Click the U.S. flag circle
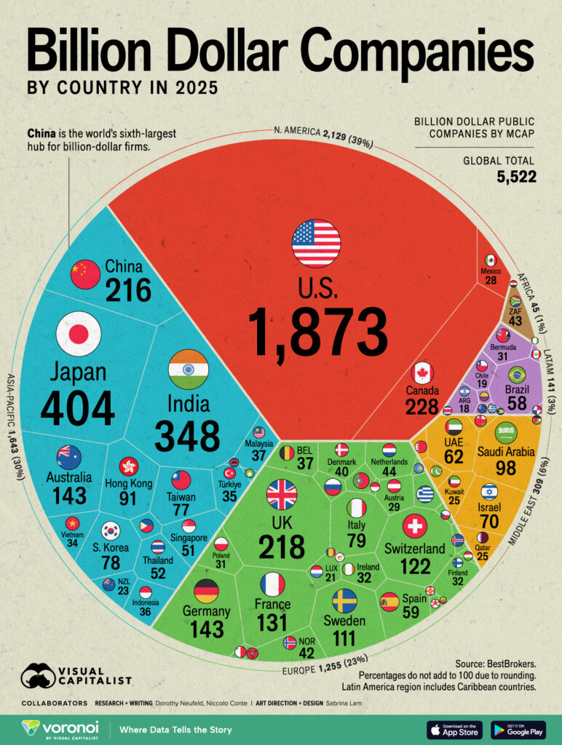tap(316, 243)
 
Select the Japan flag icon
tap(78, 333)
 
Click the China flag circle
tap(85, 274)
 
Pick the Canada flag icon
tap(422, 373)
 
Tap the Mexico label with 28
tap(490, 276)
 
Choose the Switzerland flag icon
tap(415, 525)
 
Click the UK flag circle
tap(282, 495)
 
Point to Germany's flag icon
tap(206, 591)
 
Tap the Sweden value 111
tap(344, 638)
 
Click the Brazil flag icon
tap(517, 375)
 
